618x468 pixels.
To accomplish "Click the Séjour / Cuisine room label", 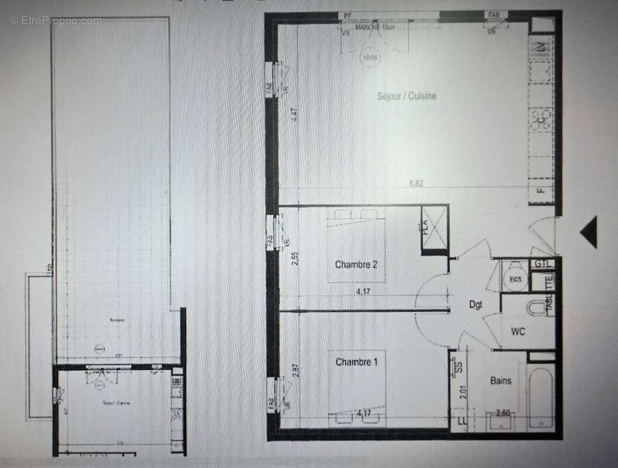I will point(407,96).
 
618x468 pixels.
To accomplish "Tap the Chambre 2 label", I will point(356,264).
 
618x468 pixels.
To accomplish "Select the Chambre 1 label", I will point(356,362).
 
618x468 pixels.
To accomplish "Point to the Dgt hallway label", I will point(475,304).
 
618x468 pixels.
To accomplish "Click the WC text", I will point(518,332).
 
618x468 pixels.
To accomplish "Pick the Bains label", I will point(501,381).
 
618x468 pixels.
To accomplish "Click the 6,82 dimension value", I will point(416,183).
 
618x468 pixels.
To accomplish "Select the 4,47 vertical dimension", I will point(294,112).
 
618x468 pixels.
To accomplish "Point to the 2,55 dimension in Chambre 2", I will point(294,259).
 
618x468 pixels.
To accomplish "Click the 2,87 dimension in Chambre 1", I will point(294,371).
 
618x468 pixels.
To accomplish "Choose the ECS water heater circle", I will point(515,279).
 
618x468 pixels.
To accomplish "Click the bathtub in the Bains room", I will point(540,396).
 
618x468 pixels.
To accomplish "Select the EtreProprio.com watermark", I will point(56,20).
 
